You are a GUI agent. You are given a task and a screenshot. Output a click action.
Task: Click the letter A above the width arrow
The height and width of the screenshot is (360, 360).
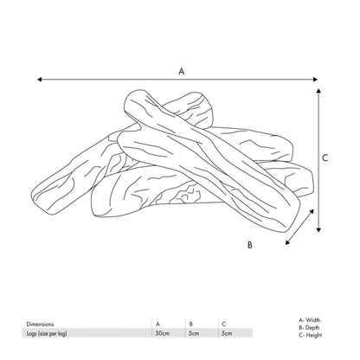[181, 71]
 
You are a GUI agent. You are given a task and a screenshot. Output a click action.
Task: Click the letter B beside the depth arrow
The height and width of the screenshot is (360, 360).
[250, 245]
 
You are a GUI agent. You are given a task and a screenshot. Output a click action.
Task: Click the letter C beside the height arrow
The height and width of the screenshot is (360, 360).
[325, 157]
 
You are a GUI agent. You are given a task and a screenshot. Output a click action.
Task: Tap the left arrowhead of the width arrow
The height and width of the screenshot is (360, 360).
[40, 80]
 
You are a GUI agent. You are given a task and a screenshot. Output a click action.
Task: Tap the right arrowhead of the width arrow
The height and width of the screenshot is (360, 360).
[315, 80]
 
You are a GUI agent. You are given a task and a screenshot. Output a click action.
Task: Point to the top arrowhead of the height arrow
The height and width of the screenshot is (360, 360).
[318, 91]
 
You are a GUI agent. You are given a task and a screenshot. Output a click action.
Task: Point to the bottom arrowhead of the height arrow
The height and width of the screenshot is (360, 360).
[318, 229]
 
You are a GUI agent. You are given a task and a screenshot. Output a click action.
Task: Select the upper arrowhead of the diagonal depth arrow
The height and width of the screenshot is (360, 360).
[312, 211]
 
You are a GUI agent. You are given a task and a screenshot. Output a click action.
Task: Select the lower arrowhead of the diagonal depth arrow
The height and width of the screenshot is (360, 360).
[287, 242]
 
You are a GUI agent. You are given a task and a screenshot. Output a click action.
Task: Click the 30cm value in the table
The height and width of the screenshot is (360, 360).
[163, 333]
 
